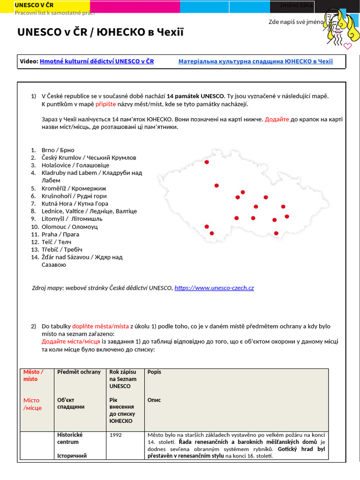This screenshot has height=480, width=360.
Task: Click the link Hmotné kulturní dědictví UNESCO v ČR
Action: pos(97,61)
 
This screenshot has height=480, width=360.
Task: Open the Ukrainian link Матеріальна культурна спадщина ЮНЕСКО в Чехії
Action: pos(255,61)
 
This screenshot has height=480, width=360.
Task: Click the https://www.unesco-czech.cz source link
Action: pos(214,288)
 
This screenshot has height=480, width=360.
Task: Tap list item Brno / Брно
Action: pos(58,150)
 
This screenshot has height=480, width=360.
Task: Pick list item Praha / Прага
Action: pos(60,234)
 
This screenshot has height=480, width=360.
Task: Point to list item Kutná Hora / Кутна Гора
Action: pos(75,203)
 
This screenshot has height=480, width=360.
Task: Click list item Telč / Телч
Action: pos(57,241)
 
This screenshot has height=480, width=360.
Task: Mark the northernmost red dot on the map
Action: pos(207,162)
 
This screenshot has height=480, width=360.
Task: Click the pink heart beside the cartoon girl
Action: pos(347,46)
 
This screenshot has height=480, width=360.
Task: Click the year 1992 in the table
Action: pos(116,435)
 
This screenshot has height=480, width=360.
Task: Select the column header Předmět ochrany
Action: pos(79,372)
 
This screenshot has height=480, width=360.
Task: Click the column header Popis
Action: pos(154,372)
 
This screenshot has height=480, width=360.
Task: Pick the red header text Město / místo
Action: pos(33,375)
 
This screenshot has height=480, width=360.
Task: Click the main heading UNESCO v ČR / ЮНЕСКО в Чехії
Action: pos(100,32)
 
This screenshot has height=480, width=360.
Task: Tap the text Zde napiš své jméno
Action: pos(296,22)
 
